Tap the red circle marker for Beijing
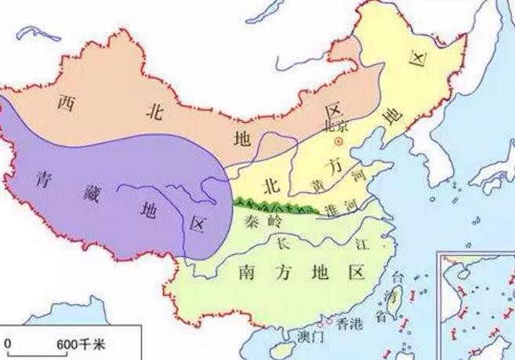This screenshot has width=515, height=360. click(x=339, y=141)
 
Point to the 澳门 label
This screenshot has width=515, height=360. click(x=310, y=337)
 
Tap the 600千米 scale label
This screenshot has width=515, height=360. click(x=74, y=344)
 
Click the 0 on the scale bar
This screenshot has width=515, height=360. click(x=8, y=344)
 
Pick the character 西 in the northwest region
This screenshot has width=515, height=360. click(x=66, y=102)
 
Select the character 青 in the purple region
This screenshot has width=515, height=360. click(x=45, y=178)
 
